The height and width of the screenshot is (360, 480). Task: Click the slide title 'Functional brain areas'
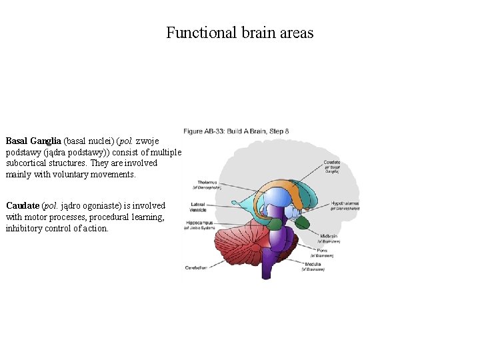click(239, 33)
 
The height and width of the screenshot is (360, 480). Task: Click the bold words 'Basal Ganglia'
click(33, 141)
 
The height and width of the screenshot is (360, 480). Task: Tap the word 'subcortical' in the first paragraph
click(29, 163)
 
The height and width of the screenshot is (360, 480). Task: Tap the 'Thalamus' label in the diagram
click(207, 181)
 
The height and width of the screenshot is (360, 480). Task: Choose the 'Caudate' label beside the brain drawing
click(331, 163)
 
